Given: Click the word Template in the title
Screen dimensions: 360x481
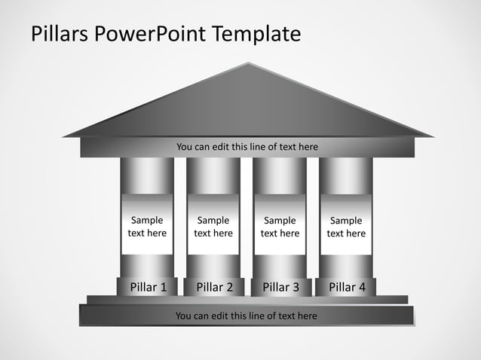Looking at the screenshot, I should (256, 35).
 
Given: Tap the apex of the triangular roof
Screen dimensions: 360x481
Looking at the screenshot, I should (248, 64).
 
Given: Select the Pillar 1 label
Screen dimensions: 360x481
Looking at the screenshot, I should (149, 287).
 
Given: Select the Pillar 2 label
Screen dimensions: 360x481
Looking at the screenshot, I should (214, 287).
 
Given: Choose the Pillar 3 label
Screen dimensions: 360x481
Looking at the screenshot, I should (280, 287).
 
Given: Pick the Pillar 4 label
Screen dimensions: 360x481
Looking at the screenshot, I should (347, 287).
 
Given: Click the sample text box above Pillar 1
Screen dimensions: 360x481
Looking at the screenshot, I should (147, 227).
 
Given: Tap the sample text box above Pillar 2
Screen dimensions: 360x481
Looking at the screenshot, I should (213, 227).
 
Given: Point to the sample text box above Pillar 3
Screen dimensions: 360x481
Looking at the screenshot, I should (280, 227).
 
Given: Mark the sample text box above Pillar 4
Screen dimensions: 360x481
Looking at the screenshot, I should (346, 227).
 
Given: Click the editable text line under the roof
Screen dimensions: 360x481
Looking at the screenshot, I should (247, 147).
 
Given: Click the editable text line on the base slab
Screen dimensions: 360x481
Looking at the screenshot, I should (247, 316).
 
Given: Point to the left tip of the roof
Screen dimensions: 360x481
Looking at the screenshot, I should (65, 136).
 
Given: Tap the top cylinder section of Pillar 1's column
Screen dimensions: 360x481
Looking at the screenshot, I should (147, 175).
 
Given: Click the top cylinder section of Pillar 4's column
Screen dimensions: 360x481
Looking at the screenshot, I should (346, 175).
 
